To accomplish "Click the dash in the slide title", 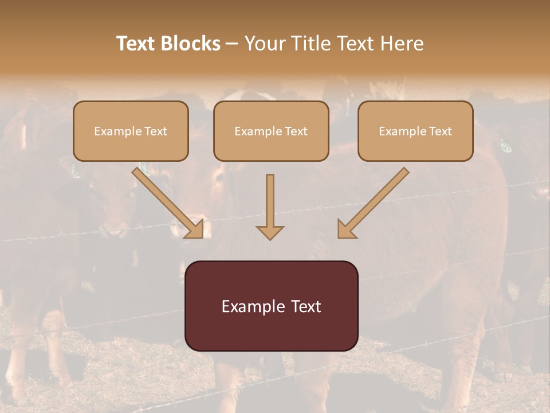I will click(x=233, y=44).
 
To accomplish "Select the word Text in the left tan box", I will click(x=156, y=131).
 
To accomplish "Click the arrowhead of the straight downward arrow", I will click(x=270, y=233).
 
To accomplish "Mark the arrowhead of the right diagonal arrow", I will click(x=344, y=230).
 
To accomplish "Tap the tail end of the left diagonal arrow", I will click(x=137, y=171).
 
